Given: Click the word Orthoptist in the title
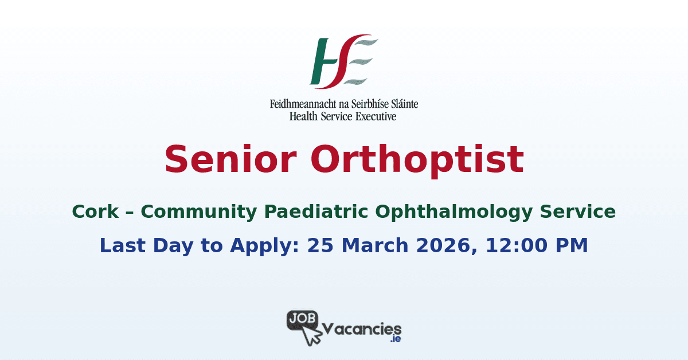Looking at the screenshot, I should (x=417, y=159).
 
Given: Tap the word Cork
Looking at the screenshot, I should (x=96, y=212).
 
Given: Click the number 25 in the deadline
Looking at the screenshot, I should (x=320, y=245).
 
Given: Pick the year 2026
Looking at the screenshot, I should (x=447, y=245).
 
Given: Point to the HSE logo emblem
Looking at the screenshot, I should (x=343, y=61).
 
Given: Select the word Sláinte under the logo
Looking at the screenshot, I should (x=401, y=104).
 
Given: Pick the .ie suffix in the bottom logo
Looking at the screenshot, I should (x=395, y=339).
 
